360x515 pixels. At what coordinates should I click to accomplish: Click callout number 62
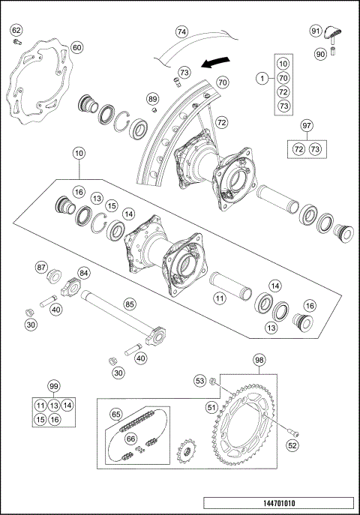[x=16, y=30]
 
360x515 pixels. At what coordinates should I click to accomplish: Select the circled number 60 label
[x=76, y=47]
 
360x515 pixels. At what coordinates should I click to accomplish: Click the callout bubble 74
[x=181, y=32]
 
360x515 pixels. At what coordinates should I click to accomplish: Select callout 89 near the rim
[x=152, y=99]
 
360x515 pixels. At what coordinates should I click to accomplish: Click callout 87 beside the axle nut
[x=42, y=266]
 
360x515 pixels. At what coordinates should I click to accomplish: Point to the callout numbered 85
[x=130, y=304]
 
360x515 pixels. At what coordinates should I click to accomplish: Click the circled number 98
[x=259, y=361]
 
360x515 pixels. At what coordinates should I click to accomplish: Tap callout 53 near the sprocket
[x=200, y=382]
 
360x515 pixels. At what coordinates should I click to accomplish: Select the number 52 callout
[x=292, y=445]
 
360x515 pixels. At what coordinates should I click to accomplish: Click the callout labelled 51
[x=212, y=407]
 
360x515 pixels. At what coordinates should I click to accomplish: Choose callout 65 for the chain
[x=116, y=414]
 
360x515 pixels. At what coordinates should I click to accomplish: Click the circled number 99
[x=53, y=385]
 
